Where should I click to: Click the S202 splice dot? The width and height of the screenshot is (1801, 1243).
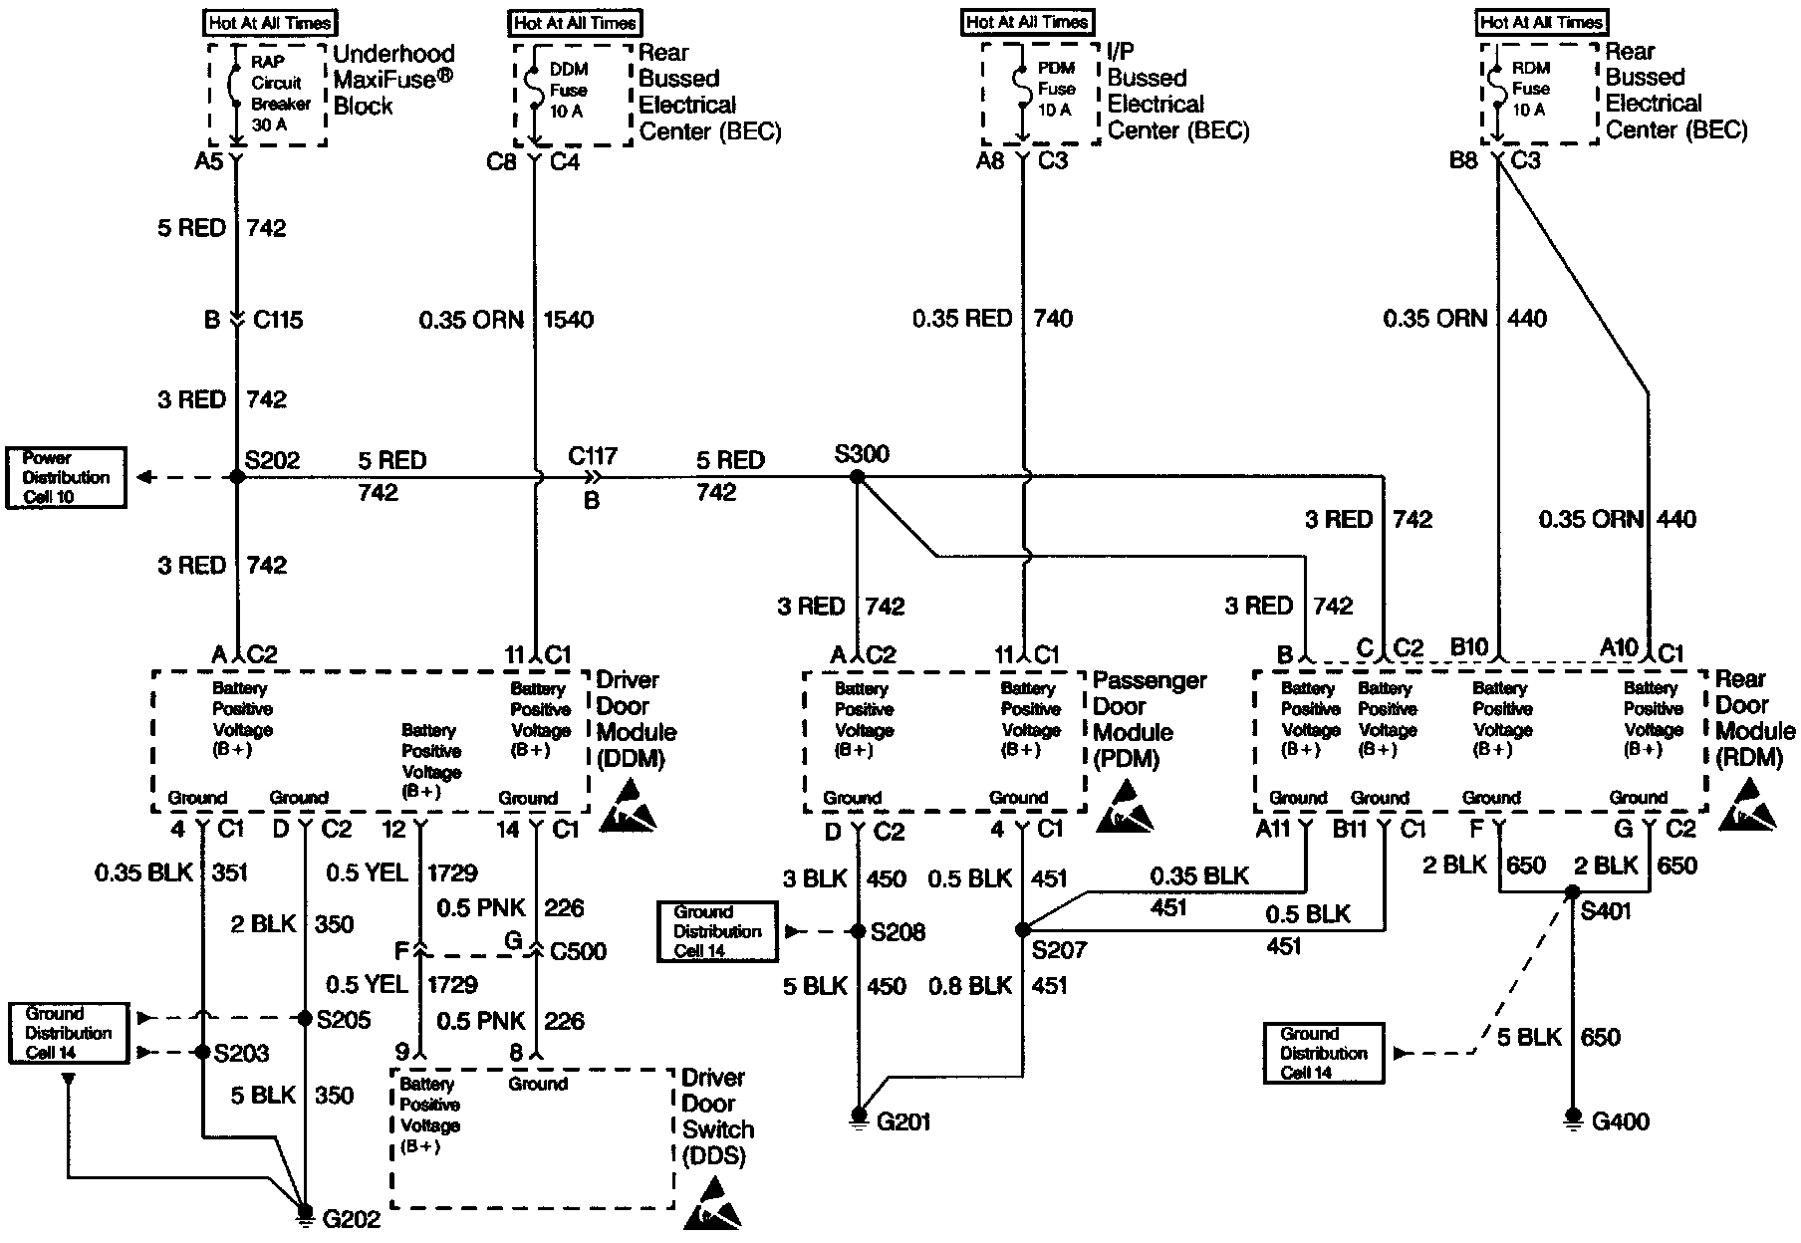[x=236, y=477]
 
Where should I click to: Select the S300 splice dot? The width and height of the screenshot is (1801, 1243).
[x=857, y=477]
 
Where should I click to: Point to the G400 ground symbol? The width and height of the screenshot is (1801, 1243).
[x=1573, y=1117]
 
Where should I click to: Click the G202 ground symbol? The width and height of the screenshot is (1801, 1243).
[x=305, y=1212]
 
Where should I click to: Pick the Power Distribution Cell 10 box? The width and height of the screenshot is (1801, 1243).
[x=67, y=477]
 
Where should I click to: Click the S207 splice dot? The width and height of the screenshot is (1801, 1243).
[x=1022, y=930]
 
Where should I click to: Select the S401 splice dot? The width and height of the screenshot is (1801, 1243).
[x=1573, y=891]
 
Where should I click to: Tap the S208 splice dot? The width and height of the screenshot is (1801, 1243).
[x=858, y=931]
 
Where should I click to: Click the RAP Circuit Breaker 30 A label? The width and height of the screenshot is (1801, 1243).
[x=279, y=94]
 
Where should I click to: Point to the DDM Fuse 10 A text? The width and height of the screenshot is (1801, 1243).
[x=569, y=91]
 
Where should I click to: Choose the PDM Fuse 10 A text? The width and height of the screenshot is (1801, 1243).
[x=1056, y=90]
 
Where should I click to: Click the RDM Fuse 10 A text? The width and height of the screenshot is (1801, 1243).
[x=1530, y=90]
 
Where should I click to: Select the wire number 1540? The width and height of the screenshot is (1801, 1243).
[x=568, y=320]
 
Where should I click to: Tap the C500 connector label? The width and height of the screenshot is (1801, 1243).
[x=578, y=950]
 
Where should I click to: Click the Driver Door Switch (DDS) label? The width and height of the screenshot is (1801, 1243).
[x=717, y=1116]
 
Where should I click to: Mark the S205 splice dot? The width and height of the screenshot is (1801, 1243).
[x=305, y=1018]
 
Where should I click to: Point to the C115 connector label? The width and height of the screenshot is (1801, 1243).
[x=277, y=320]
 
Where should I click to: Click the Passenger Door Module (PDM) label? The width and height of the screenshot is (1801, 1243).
[x=1149, y=719]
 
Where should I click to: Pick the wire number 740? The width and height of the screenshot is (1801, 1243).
[x=1053, y=319]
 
